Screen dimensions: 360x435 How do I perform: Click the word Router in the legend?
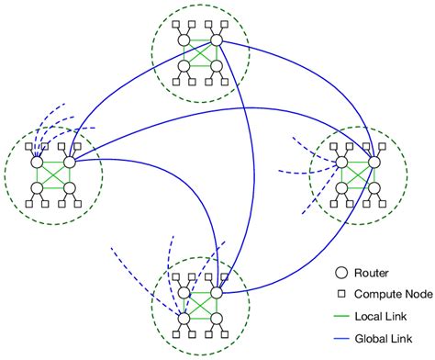[x=375, y=272]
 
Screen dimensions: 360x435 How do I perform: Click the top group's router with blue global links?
[x=217, y=41]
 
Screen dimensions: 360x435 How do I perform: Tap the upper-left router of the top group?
[x=184, y=41]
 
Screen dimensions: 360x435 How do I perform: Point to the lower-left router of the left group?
[x=38, y=189]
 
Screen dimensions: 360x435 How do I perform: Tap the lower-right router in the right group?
[x=373, y=189]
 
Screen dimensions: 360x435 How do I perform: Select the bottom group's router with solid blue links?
[x=217, y=292]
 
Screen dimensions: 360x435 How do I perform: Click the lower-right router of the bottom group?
[x=217, y=319]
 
